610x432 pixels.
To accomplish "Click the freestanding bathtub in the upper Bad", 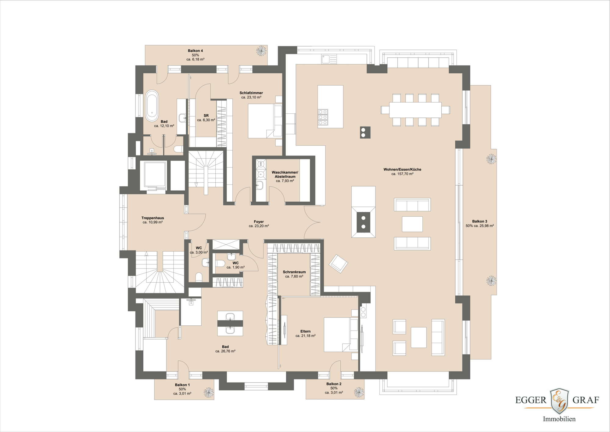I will click(152, 106).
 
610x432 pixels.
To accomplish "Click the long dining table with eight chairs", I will click(415, 110).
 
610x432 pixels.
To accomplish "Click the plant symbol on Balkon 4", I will click(261, 51).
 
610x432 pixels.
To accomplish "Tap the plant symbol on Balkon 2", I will click(359, 392).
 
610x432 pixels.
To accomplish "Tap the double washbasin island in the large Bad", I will click(230, 323).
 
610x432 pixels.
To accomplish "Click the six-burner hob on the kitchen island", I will click(323, 117).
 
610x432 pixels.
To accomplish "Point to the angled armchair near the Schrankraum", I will click(338, 263).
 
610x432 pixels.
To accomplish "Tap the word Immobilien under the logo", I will click(559, 419).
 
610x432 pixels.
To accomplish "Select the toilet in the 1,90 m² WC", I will click(220, 263).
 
